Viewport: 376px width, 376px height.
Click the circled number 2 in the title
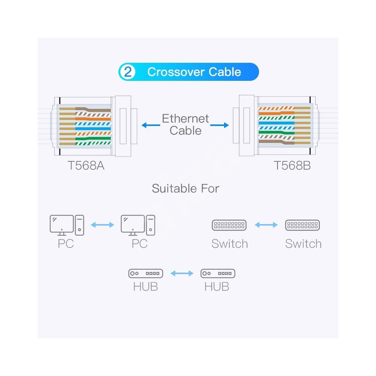tap(128, 72)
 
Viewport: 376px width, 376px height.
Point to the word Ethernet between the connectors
tap(185, 119)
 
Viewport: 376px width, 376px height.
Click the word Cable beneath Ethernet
tap(185, 130)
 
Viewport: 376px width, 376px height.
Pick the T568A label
tap(86, 165)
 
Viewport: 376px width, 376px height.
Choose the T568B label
tap(292, 165)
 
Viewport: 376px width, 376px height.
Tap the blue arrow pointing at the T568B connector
tap(220, 125)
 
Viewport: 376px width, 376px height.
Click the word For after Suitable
tap(210, 188)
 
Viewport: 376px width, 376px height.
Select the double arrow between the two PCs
tap(102, 225)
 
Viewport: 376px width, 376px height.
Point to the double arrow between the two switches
tap(266, 225)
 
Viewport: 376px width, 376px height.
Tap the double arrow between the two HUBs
tap(182, 273)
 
